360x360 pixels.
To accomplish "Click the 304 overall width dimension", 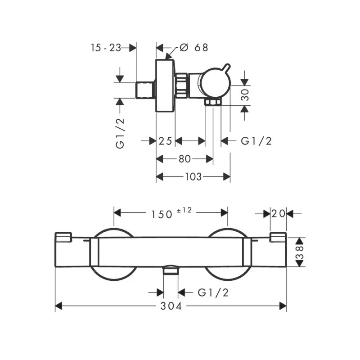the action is click(171, 306).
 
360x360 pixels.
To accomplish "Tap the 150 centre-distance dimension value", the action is click(162, 215).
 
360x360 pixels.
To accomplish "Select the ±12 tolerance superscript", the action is click(184, 210).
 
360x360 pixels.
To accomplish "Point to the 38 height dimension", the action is click(300, 252).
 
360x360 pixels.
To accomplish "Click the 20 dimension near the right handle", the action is click(278, 213).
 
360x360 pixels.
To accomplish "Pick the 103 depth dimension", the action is click(193, 176).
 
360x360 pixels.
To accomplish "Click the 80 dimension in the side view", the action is click(184, 159).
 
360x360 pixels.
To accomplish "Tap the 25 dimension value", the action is click(165, 141).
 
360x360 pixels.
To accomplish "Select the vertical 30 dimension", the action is click(245, 95).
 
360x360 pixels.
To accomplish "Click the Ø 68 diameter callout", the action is click(194, 48).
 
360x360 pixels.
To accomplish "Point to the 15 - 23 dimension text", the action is click(106, 48).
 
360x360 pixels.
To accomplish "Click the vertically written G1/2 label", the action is click(120, 133).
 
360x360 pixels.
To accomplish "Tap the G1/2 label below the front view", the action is click(213, 292).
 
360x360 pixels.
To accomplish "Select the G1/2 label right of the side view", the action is click(256, 141).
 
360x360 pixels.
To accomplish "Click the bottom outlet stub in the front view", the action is click(171, 270).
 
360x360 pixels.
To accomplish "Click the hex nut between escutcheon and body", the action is click(182, 85).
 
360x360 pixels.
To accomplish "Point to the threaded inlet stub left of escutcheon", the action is click(145, 90).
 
